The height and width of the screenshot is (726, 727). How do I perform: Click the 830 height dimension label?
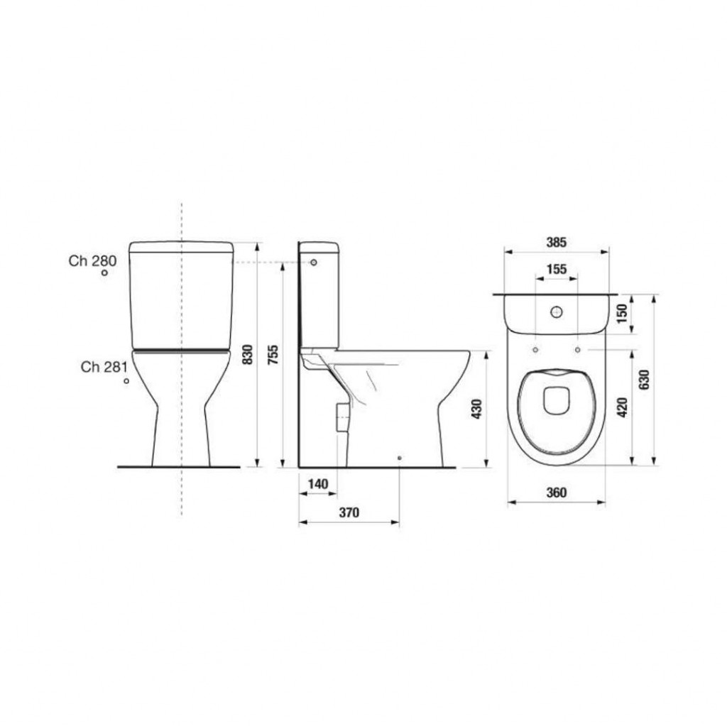point(248,354)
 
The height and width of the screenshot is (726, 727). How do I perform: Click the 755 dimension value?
point(273,354)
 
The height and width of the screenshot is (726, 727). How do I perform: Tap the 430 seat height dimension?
point(477,409)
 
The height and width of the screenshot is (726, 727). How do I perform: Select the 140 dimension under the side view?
point(317,484)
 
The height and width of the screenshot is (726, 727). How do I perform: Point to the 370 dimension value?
point(349,512)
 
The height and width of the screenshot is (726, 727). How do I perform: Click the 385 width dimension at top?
point(556,242)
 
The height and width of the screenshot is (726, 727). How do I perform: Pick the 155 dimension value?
point(556,269)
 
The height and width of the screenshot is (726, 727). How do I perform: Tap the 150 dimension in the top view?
point(623,314)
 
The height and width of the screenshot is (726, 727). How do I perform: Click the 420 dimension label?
point(623,407)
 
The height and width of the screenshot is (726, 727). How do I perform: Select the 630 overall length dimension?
point(644,380)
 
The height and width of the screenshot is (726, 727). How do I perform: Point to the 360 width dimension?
point(557,493)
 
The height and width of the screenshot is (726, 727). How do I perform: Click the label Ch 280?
point(92,260)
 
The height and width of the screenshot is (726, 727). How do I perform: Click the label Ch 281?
point(104,367)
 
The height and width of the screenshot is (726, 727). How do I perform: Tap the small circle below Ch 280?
point(104,273)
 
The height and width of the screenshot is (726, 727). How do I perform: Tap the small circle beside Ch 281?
point(126,381)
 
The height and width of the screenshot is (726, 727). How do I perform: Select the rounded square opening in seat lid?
point(557,402)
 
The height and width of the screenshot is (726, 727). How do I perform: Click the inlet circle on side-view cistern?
point(313,263)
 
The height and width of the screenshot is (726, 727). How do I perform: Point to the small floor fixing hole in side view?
point(400,458)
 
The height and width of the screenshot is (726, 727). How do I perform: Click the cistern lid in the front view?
point(181,246)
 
